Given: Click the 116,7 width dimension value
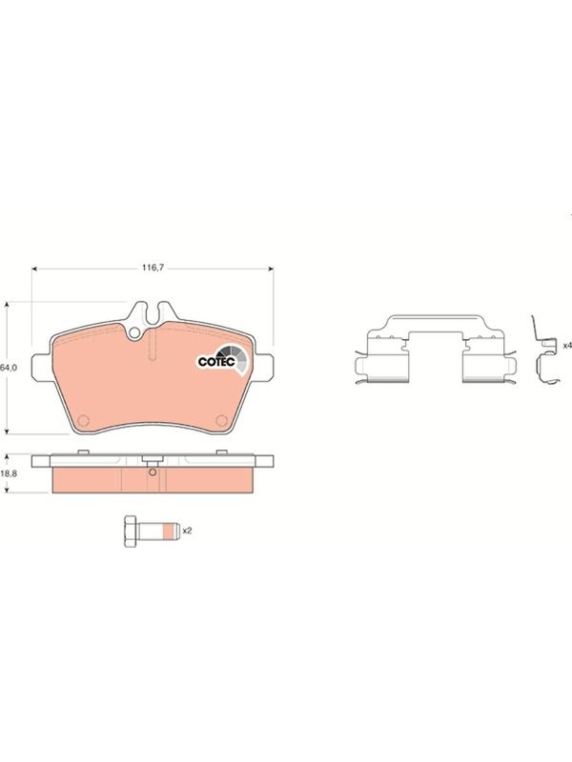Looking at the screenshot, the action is click(x=153, y=268).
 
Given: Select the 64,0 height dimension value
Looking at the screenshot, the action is click(x=9, y=368).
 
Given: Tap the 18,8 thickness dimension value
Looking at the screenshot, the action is click(x=9, y=473).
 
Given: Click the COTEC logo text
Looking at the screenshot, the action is click(x=216, y=362).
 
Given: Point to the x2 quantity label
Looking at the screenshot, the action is click(x=187, y=531).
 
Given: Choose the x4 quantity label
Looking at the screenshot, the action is click(x=567, y=346).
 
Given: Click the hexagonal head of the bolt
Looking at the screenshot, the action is click(x=131, y=531).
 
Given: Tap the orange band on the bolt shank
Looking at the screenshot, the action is click(x=169, y=531).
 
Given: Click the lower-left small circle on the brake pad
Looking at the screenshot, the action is click(x=83, y=420).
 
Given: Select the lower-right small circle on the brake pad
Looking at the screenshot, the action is click(x=222, y=420).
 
